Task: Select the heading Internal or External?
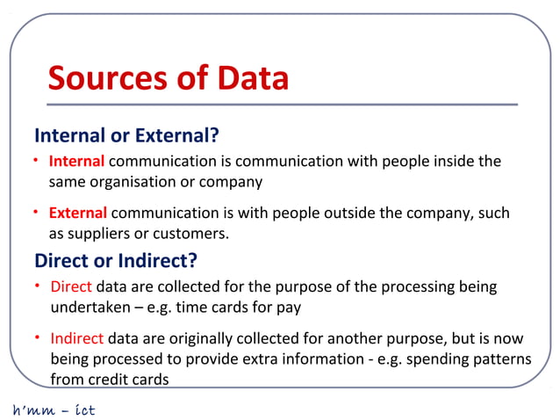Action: tap(126, 136)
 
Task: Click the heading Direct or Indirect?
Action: tap(115, 261)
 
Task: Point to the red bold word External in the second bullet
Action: tap(78, 214)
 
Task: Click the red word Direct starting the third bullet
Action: tap(71, 287)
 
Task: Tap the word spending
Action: tap(434, 359)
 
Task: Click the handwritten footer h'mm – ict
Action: tap(53, 409)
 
